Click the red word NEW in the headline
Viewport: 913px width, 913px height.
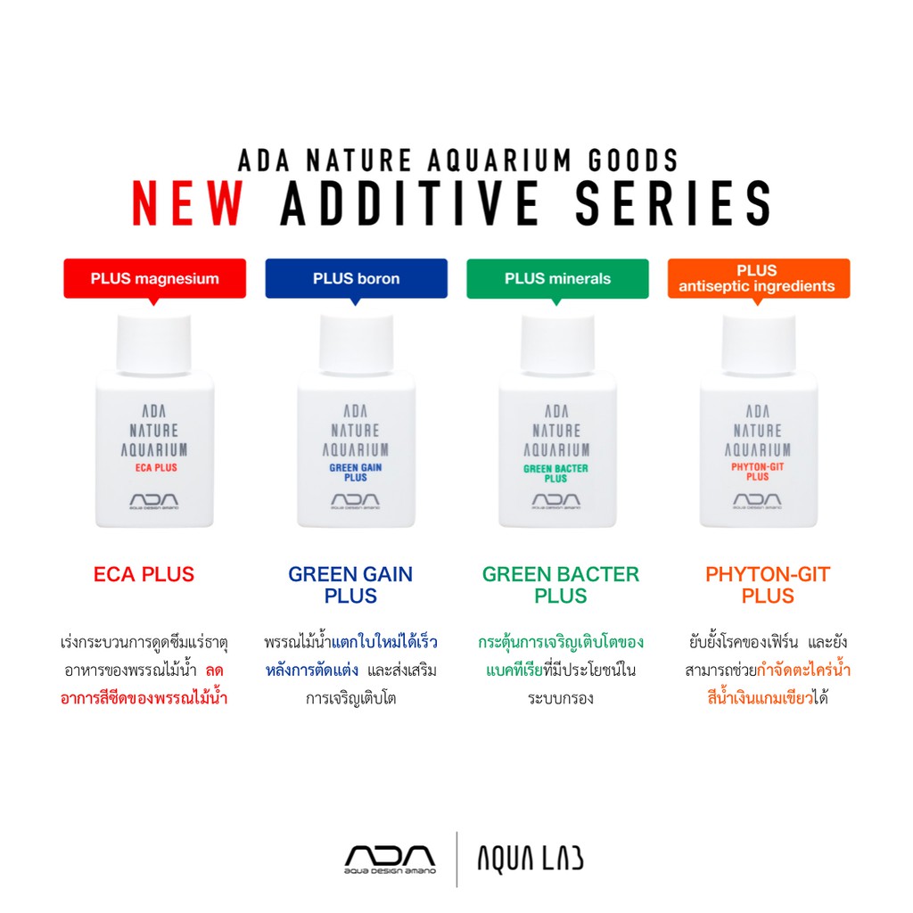click(187, 202)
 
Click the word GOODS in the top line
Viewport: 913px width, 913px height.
click(633, 160)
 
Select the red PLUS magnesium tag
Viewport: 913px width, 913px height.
click(155, 279)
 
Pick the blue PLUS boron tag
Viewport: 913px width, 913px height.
click(357, 279)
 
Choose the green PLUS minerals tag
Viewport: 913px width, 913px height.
click(557, 279)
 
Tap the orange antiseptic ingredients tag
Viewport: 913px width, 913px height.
click(759, 279)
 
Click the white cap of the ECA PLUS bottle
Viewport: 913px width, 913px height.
click(154, 344)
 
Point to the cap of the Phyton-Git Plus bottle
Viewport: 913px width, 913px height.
click(759, 344)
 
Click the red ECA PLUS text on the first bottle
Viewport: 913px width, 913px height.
click(156, 467)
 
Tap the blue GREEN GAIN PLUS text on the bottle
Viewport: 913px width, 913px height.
click(356, 473)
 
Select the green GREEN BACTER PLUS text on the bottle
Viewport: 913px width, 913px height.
click(556, 473)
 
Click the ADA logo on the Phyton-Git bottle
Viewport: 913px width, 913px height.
click(758, 501)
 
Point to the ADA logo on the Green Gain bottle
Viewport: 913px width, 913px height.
click(355, 501)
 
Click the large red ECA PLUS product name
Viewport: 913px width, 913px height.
click(144, 575)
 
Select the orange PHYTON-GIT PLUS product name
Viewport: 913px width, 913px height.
click(768, 585)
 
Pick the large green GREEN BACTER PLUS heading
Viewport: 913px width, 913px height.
click(561, 585)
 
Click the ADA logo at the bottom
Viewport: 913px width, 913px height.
click(390, 860)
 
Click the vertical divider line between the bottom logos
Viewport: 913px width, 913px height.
click(457, 860)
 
